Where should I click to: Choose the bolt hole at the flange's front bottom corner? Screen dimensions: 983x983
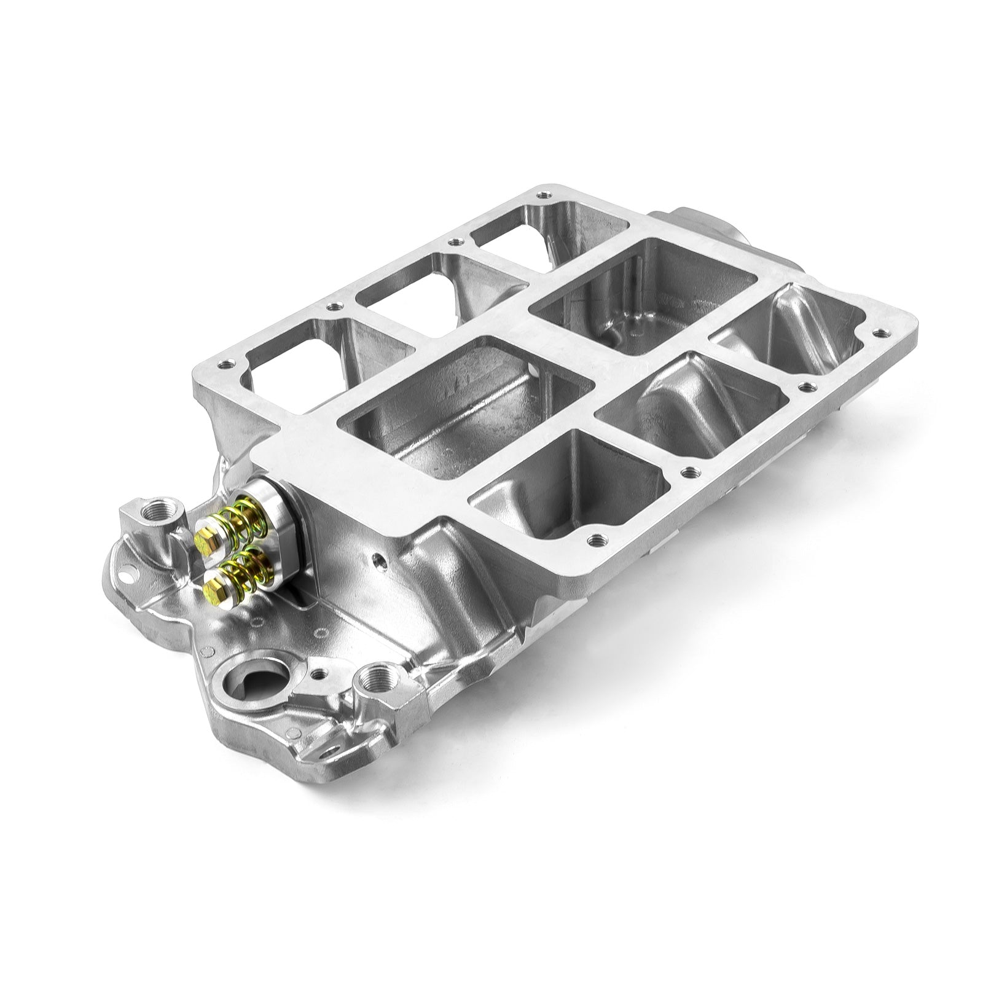593,541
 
